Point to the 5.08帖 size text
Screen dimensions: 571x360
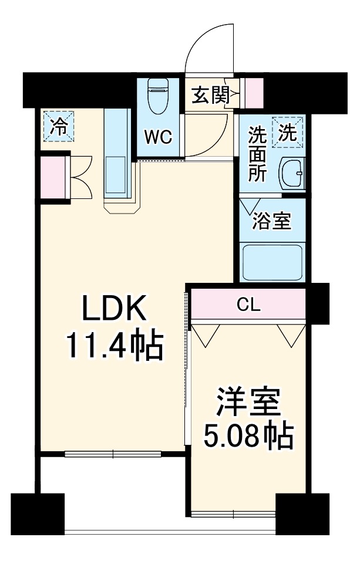248,435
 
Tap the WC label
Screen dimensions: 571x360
158,138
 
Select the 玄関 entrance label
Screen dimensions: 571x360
209,95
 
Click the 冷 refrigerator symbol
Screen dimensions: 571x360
59,126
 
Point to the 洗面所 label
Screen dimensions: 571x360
257,154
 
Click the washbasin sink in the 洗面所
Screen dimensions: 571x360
292,174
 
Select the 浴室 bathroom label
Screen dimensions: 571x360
271,221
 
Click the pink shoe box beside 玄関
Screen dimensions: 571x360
254,93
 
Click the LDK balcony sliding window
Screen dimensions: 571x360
113,453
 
